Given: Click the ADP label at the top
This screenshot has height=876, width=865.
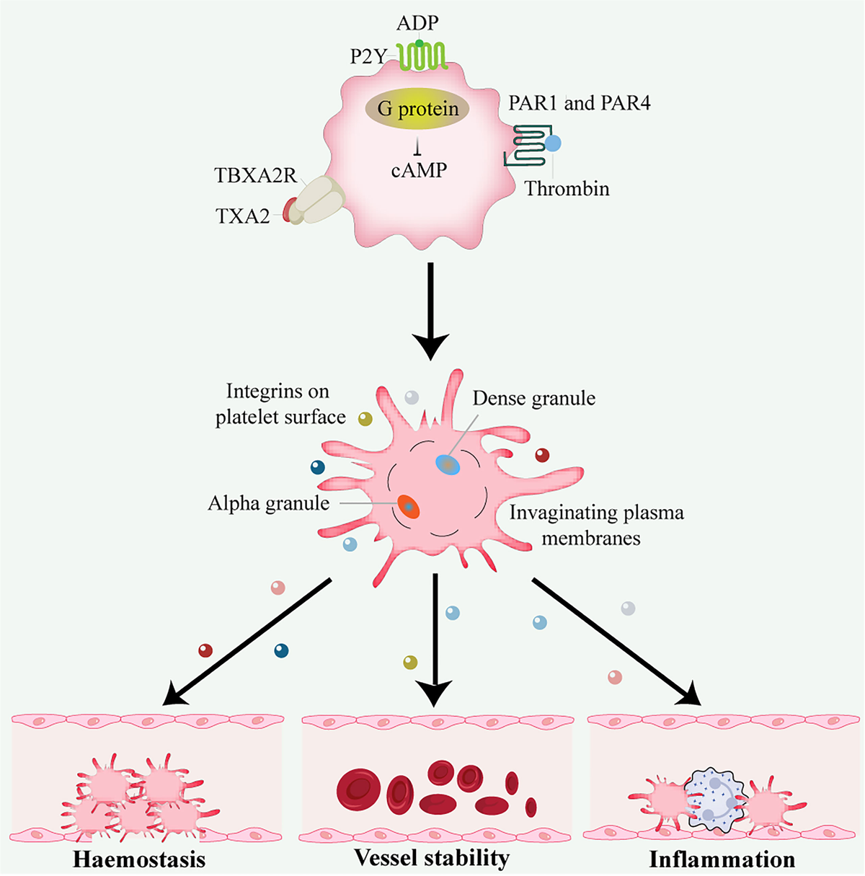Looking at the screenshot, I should pos(417,23).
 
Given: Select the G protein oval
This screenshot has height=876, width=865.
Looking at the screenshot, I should pos(418,109).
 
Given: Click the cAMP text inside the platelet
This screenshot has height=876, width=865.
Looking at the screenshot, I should pos(419,170).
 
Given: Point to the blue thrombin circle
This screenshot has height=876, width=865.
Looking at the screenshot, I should pos(552,143).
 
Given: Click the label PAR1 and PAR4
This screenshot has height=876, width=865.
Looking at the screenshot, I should pos(579,104).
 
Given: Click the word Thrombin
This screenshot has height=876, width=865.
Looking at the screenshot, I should pos(567,189).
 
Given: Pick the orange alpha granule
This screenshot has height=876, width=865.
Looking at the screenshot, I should pos(407,507).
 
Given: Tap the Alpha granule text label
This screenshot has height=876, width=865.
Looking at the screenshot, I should pos(268,503).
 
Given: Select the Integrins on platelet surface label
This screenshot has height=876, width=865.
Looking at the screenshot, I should pos(280,404).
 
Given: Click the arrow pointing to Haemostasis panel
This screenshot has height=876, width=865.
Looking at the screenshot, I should pos(246,641).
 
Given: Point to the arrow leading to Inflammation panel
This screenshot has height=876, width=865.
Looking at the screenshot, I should pos(616,640).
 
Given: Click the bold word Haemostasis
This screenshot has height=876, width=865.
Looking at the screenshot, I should pos(139,859).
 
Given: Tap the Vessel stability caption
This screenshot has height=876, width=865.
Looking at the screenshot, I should pos(432,858).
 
